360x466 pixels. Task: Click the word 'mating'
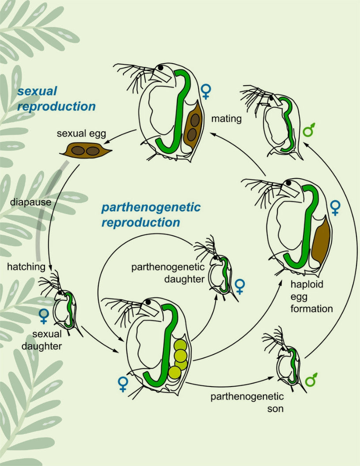click(x=226, y=119)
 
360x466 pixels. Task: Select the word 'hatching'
click(x=26, y=267)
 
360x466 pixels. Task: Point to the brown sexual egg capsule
click(x=86, y=151)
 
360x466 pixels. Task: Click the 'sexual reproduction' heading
click(x=56, y=99)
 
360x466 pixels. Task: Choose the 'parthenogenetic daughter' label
click(x=168, y=273)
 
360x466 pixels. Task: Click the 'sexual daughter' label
click(x=41, y=339)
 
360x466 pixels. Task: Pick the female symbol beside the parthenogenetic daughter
click(x=240, y=287)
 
